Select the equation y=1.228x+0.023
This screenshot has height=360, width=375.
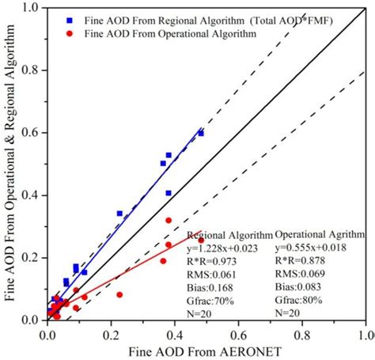(x=229, y=248)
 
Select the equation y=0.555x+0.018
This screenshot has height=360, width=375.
(x=314, y=248)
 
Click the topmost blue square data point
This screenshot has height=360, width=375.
(x=201, y=134)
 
